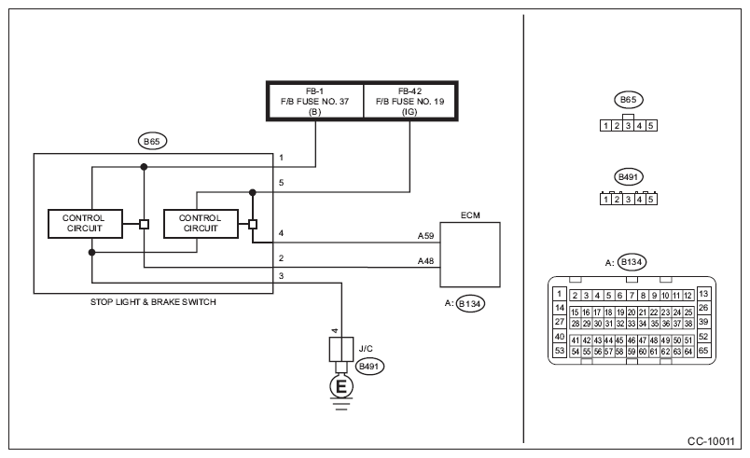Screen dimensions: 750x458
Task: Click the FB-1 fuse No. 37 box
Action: pos(315,101)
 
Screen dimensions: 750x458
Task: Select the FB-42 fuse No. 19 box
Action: pos(410,101)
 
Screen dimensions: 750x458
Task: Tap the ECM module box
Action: pos(470,255)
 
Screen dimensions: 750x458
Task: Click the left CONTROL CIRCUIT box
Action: pos(85,223)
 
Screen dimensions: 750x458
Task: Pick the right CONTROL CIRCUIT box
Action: pos(201,223)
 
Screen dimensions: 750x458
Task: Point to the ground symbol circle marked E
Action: pos(341,386)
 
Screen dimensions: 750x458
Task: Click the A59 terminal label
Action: pos(425,236)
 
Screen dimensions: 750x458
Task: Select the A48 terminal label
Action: pos(425,261)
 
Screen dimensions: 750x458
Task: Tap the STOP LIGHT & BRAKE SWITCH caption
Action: pos(153,302)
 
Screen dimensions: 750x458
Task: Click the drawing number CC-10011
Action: pos(711,441)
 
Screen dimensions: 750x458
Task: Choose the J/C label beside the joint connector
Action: pos(366,349)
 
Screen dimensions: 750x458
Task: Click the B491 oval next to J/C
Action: pos(369,367)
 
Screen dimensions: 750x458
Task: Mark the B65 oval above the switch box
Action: pos(152,142)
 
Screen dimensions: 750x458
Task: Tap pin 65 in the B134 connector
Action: pos(703,351)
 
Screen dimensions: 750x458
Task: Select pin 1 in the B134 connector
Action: pos(560,294)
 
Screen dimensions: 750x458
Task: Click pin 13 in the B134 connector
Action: pos(703,294)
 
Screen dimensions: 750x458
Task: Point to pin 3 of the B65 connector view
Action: pos(628,126)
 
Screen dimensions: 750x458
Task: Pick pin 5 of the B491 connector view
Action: pos(650,200)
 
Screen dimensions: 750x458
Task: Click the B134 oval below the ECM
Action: pos(470,303)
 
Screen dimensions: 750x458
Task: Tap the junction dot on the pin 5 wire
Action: pos(253,193)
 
